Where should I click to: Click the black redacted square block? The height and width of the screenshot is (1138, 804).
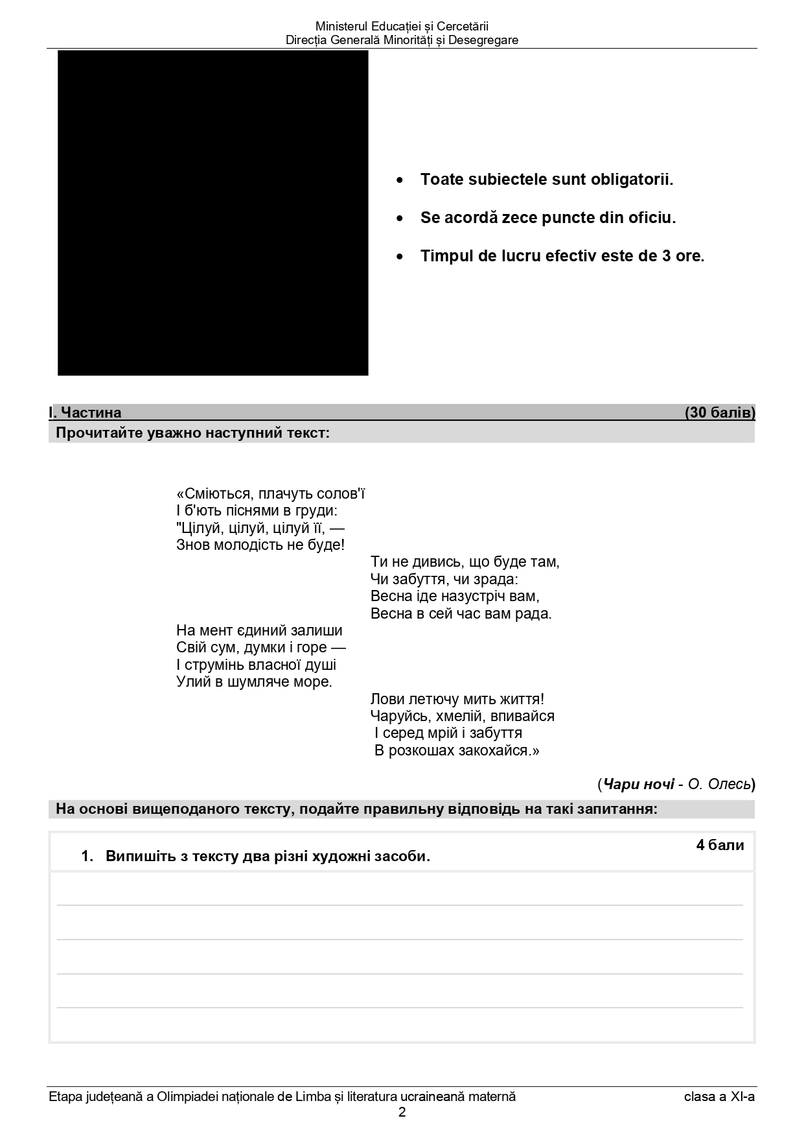tap(212, 213)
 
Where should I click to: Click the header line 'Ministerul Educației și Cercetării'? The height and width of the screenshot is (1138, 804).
tap(402, 27)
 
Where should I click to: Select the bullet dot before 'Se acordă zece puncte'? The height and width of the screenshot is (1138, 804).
tap(400, 219)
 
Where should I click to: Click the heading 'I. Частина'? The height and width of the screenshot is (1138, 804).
tap(85, 413)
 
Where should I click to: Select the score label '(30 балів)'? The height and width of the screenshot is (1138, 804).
tap(720, 413)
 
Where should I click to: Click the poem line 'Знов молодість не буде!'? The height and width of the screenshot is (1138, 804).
tap(260, 545)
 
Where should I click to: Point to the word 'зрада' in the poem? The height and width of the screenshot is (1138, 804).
tap(497, 579)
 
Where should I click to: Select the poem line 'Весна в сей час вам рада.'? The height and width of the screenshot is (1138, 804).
tap(461, 613)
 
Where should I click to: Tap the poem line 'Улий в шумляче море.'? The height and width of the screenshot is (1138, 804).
tap(254, 682)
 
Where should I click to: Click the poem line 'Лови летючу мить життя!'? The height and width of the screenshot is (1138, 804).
tap(457, 700)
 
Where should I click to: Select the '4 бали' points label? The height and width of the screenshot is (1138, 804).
tap(720, 846)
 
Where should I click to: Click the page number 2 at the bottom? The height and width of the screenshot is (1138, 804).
tap(402, 1113)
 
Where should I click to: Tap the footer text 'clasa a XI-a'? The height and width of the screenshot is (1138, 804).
tap(719, 1097)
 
